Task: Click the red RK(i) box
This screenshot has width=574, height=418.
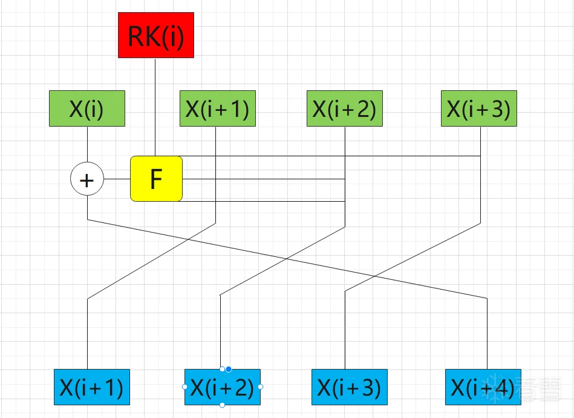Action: point(156,35)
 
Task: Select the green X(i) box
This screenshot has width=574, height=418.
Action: point(87,108)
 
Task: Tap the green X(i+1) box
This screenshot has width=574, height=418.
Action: point(218,108)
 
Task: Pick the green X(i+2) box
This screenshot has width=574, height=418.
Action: point(345,108)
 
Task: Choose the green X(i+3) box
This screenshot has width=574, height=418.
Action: point(479,108)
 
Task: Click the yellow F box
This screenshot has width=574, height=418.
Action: point(157,179)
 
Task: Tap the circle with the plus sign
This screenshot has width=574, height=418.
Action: point(87,180)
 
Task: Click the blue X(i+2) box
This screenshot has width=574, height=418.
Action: point(223,387)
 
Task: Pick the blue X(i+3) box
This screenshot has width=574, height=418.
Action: point(350,387)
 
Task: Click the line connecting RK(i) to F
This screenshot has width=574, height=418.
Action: point(155,106)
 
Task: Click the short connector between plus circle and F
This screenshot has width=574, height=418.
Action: point(117,179)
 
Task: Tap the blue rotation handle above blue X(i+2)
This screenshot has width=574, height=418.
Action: point(229,369)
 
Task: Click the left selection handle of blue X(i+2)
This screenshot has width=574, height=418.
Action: point(184,386)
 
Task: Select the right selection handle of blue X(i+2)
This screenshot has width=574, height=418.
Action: point(261,386)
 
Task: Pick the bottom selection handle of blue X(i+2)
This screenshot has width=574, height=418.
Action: point(223,405)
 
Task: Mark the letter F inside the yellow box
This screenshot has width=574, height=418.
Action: point(156,179)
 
